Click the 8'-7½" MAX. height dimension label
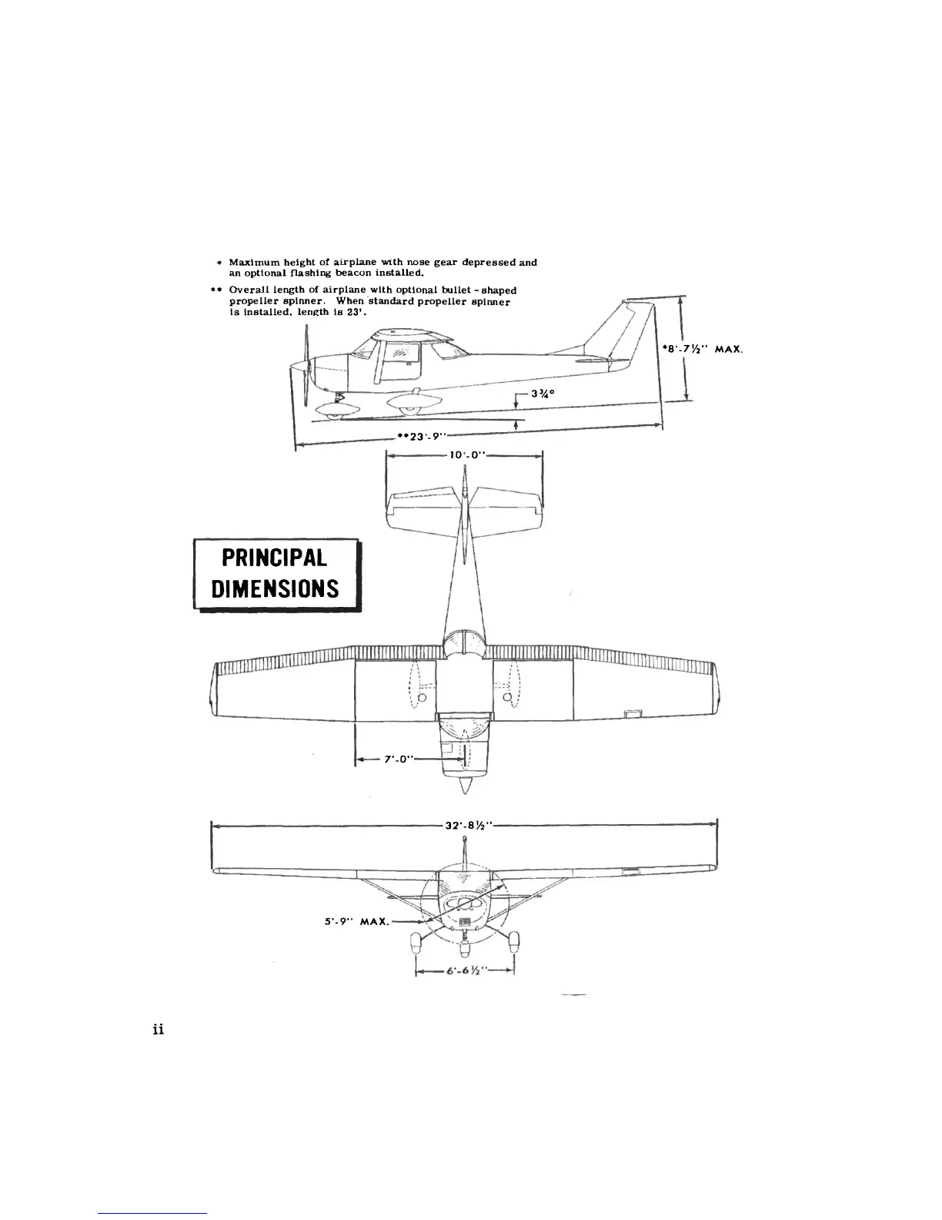[x=702, y=349]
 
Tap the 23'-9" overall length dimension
[x=416, y=435]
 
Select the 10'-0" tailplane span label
[x=466, y=455]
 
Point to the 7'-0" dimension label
[x=400, y=759]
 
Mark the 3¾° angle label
[x=543, y=394]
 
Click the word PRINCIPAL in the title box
[x=274, y=558]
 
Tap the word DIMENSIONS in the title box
[x=275, y=589]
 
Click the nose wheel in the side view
[x=332, y=416]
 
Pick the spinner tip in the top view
[x=463, y=791]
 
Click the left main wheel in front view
[x=416, y=940]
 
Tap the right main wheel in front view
[x=513, y=940]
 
